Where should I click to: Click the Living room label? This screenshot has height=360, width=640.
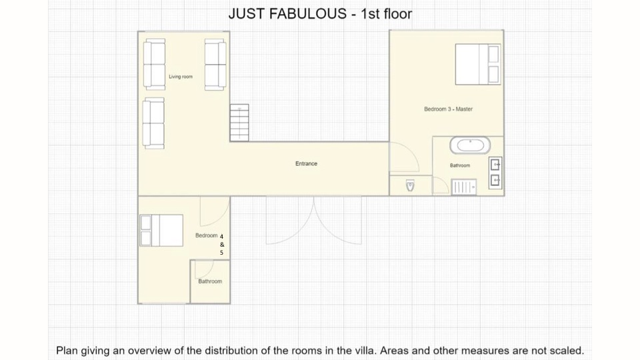coord(181,77)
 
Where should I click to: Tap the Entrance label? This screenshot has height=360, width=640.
coord(306,164)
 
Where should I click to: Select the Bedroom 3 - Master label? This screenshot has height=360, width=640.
coord(448,109)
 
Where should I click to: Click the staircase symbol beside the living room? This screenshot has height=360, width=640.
coord(239,123)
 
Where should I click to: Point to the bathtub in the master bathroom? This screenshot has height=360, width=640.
coord(470,145)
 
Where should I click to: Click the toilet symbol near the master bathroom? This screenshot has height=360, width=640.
coord(410,186)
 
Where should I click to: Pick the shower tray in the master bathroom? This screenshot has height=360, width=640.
coord(464,187)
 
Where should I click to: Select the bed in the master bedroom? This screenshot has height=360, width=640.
coord(478,65)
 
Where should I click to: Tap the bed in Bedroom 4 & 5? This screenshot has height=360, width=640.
coord(161,231)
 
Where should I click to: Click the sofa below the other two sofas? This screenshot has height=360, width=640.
coord(153,123)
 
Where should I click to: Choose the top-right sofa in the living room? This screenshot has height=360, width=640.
coord(215,65)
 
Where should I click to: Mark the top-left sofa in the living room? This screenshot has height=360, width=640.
coord(154,65)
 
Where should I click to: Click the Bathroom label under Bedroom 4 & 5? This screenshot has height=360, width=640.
coord(210,281)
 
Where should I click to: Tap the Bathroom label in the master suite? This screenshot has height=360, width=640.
coord(460,165)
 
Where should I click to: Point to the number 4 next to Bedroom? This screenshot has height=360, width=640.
coord(221,236)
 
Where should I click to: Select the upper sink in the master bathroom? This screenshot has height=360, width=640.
coord(495,165)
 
